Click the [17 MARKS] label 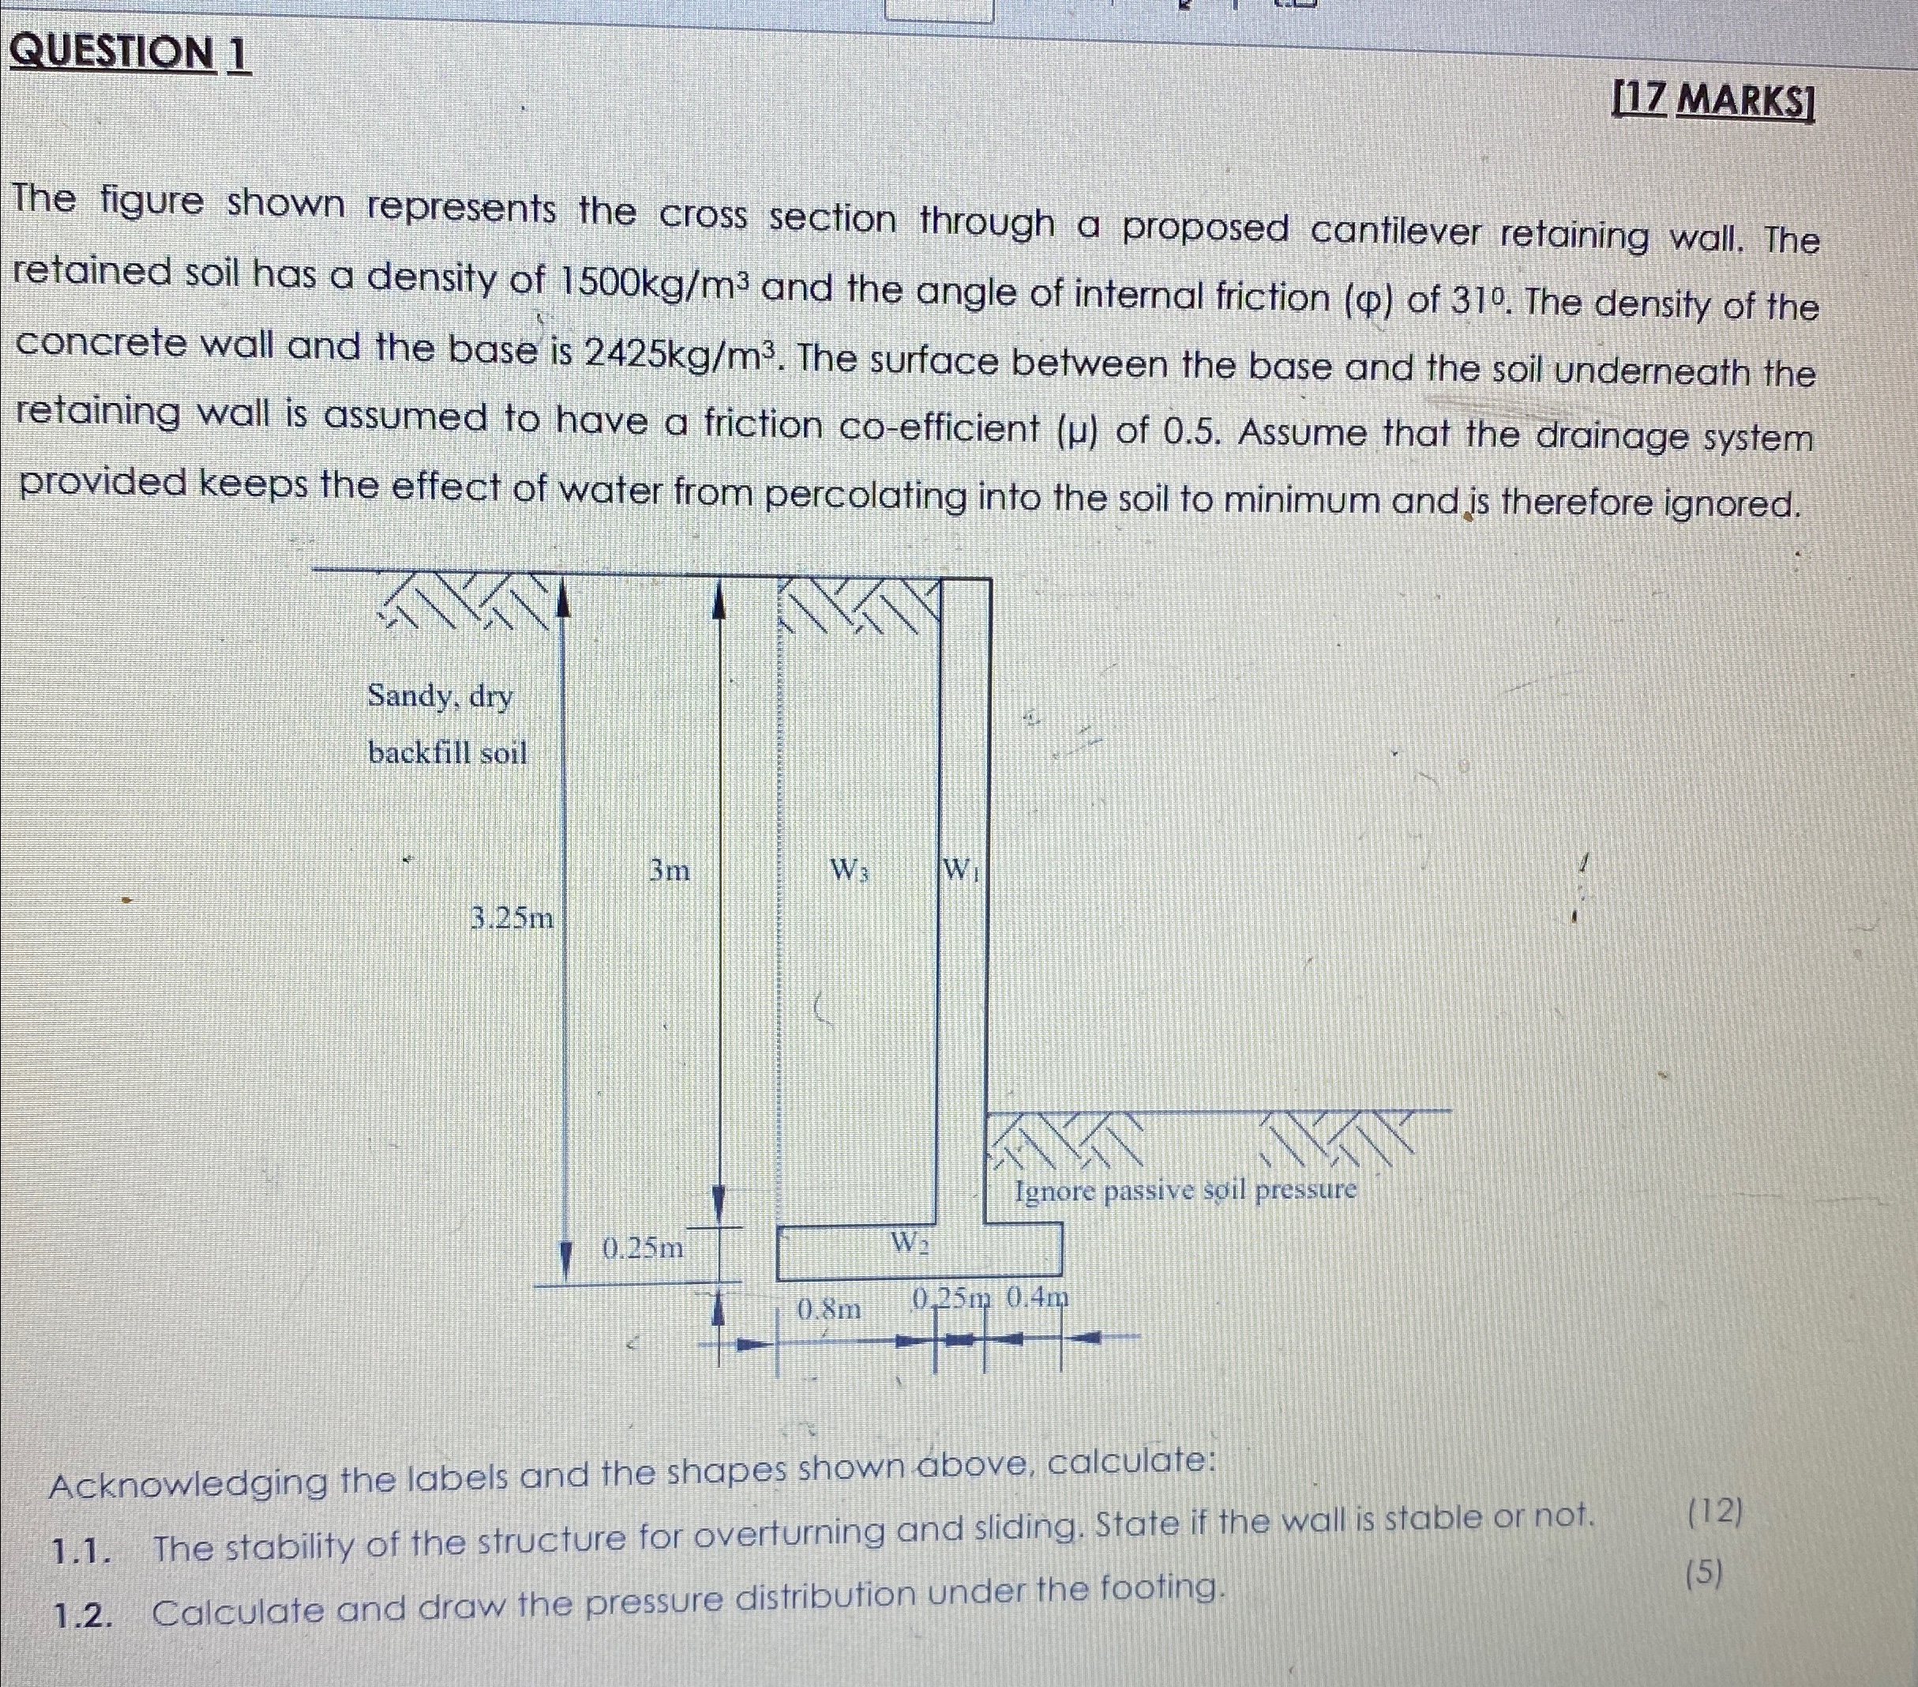1713,100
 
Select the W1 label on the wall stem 961,869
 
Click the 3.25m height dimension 512,918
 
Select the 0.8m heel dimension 828,1309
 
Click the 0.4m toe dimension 1037,1298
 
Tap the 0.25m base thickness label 643,1248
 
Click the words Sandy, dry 440,697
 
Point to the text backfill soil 448,753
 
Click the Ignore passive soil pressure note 1185,1190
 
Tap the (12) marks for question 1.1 1714,1512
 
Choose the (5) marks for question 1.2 1704,1574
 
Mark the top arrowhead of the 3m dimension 719,599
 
